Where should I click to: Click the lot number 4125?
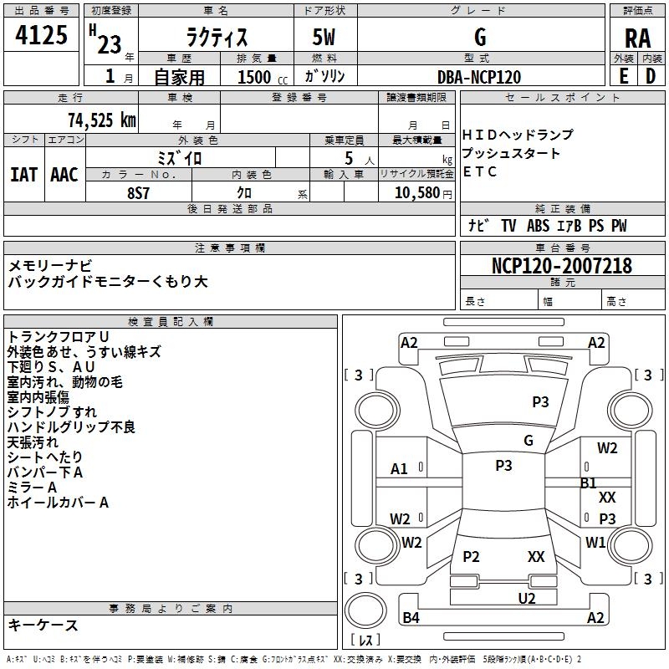point(41,35)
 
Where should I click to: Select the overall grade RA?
point(637,38)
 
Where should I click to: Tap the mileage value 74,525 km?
point(102,120)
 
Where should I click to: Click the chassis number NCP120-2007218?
point(561,266)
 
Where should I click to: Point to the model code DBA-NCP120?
point(479,77)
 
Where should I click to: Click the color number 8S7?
point(138,193)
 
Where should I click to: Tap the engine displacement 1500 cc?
point(263,77)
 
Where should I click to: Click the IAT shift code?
point(23,175)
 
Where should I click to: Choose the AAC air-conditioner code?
point(64,175)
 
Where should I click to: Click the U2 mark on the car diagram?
point(527,599)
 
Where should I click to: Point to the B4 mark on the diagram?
point(411,617)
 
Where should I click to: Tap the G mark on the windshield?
point(529,440)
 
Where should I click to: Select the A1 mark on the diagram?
point(399,469)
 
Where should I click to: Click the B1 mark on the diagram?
point(588,483)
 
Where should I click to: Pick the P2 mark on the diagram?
point(471,556)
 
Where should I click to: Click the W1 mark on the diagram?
point(595,542)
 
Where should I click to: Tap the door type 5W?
point(324,37)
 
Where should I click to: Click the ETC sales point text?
point(479,171)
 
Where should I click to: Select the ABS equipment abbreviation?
point(538,226)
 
